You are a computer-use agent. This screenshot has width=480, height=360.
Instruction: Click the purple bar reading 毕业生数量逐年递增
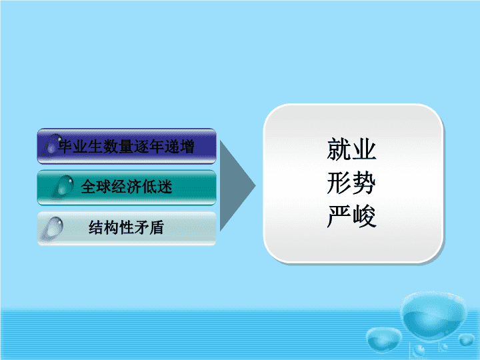[127, 146]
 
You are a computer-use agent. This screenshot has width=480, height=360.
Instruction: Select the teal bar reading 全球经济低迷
[127, 187]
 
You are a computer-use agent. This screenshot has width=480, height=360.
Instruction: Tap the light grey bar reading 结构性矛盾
[127, 229]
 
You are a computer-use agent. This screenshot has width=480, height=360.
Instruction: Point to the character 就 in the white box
[339, 149]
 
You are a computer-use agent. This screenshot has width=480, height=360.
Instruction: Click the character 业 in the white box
[364, 149]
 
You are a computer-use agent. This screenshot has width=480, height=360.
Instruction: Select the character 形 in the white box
[339, 183]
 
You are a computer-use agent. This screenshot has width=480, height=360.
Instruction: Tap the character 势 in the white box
[364, 183]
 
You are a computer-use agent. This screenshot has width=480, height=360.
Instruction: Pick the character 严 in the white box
[339, 217]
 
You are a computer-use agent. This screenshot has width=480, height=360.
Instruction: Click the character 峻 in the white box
[364, 217]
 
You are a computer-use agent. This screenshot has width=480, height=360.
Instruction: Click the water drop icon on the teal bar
[65, 185]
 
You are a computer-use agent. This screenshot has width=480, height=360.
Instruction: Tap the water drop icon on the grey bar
[53, 228]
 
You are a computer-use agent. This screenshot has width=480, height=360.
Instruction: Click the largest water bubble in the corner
[434, 315]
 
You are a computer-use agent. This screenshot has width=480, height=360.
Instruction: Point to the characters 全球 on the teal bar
[96, 186]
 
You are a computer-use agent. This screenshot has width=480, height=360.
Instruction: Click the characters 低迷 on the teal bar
[157, 186]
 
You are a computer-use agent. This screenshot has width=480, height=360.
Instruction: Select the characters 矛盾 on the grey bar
[149, 227]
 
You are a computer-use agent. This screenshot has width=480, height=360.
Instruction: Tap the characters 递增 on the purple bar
[179, 146]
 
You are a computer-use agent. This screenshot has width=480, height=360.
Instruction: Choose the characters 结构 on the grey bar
[103, 227]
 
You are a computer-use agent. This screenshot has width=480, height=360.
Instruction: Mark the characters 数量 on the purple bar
[118, 146]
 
